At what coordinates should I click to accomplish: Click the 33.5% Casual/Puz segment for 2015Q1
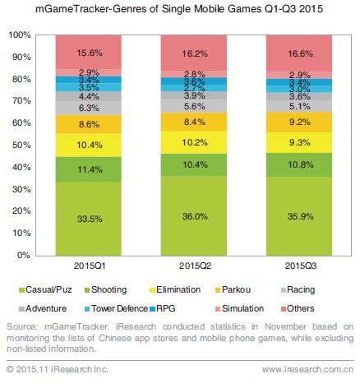click(89, 219)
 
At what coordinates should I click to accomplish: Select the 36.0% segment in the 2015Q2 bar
click(194, 216)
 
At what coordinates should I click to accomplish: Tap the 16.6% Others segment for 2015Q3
click(299, 53)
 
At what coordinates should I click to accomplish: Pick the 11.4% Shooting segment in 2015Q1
click(89, 169)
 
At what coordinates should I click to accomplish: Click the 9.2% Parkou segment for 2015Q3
click(299, 122)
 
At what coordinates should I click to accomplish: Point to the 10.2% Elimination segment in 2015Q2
click(194, 142)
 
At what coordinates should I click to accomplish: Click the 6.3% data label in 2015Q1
click(89, 108)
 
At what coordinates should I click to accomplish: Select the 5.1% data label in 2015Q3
click(300, 106)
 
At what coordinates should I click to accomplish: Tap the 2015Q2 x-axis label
click(195, 266)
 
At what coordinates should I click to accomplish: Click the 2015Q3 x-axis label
click(301, 266)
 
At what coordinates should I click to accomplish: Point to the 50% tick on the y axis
click(21, 145)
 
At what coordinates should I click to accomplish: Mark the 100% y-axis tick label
click(20, 35)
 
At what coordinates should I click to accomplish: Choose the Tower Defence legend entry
click(117, 308)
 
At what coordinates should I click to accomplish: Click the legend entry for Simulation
click(240, 308)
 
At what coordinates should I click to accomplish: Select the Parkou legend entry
click(233, 289)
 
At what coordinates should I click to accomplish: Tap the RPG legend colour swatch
click(153, 309)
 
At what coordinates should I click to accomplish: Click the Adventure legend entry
click(43, 308)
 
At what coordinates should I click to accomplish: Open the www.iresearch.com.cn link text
click(307, 369)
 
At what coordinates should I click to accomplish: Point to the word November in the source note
click(285, 326)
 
